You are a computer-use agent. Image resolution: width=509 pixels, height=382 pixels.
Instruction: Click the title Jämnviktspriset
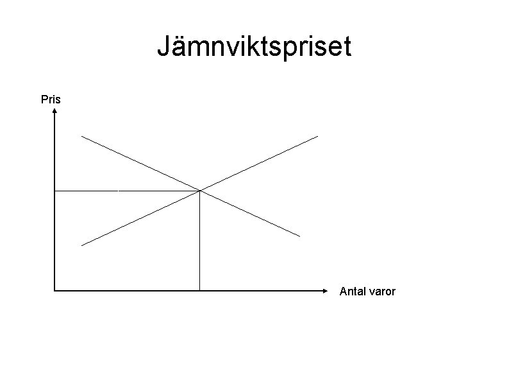click(254, 48)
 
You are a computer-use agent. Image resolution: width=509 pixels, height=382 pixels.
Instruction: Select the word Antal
click(352, 291)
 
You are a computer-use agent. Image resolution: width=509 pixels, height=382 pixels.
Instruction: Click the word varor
click(382, 291)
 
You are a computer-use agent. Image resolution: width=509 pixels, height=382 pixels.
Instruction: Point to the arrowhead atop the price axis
click(55, 110)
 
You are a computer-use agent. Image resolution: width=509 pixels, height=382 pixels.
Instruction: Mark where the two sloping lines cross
click(200, 191)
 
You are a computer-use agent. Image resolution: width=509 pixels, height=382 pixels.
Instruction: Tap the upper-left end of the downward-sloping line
click(81, 136)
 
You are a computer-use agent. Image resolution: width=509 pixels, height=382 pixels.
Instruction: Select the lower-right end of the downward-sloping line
click(299, 236)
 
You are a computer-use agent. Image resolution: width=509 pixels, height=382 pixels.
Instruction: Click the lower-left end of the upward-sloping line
click(81, 245)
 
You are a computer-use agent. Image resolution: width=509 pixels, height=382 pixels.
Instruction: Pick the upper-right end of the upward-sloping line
click(317, 135)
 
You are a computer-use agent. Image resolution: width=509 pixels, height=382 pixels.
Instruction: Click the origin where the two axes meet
click(55, 291)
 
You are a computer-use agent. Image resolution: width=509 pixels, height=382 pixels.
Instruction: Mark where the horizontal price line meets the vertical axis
click(55, 191)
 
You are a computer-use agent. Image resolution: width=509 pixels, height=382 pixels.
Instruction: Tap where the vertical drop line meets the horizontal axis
click(200, 291)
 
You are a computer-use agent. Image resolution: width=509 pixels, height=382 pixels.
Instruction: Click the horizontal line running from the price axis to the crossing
click(128, 191)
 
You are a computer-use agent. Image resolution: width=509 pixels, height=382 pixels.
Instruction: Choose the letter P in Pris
click(44, 100)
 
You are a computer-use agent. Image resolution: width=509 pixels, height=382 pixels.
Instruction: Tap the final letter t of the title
click(347, 48)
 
